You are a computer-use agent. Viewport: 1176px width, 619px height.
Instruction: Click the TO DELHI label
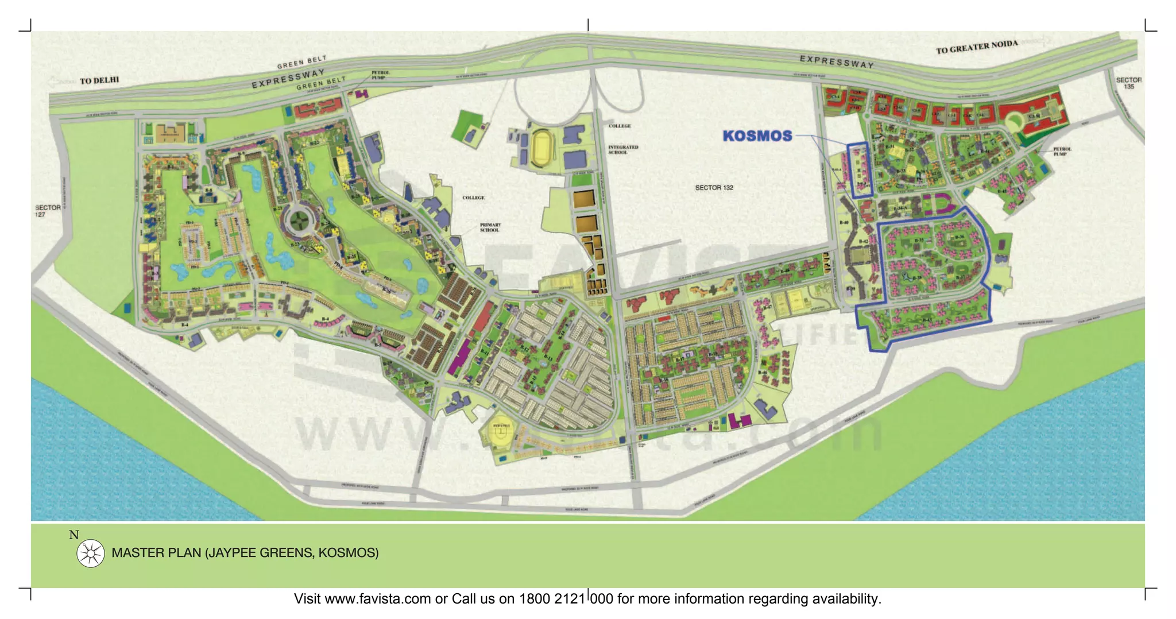click(99, 80)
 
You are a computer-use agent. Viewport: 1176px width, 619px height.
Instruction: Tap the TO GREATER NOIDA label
click(976, 47)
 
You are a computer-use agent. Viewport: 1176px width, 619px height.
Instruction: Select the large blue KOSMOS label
click(757, 136)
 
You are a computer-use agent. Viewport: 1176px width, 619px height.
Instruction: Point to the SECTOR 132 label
click(714, 188)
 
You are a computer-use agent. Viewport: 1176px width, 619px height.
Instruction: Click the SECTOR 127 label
click(48, 211)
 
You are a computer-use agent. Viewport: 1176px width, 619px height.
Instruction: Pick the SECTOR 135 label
click(1128, 83)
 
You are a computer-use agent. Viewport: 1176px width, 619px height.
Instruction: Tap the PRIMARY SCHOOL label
click(490, 227)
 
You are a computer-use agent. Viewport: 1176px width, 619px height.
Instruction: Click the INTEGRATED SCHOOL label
click(623, 150)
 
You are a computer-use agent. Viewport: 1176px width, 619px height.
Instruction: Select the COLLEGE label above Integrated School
click(620, 126)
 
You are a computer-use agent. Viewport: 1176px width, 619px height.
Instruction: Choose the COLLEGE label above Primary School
click(473, 198)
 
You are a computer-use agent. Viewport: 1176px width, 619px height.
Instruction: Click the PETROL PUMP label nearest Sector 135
click(1062, 152)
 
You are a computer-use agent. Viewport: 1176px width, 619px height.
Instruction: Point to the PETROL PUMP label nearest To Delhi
click(380, 75)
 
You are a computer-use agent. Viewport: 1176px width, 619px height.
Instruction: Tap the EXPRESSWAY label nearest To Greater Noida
click(837, 61)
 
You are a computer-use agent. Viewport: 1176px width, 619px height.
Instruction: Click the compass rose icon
click(91, 554)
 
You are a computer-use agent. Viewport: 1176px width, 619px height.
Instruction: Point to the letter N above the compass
click(73, 535)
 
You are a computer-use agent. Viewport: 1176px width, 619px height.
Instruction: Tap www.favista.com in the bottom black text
click(378, 599)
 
